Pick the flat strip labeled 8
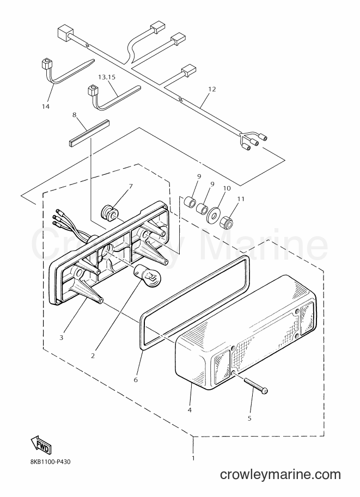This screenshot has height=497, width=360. [89, 132]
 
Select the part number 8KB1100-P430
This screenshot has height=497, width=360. [48, 462]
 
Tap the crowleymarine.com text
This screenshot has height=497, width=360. [280, 475]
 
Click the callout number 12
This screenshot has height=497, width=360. [212, 89]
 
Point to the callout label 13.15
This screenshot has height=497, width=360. [107, 77]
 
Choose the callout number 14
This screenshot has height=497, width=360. [46, 106]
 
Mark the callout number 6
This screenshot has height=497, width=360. [136, 379]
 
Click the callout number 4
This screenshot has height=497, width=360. [190, 410]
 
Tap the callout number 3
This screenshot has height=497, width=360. [61, 338]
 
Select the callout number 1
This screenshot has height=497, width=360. [193, 458]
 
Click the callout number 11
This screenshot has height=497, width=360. [241, 199]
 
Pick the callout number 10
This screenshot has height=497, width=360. [227, 188]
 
